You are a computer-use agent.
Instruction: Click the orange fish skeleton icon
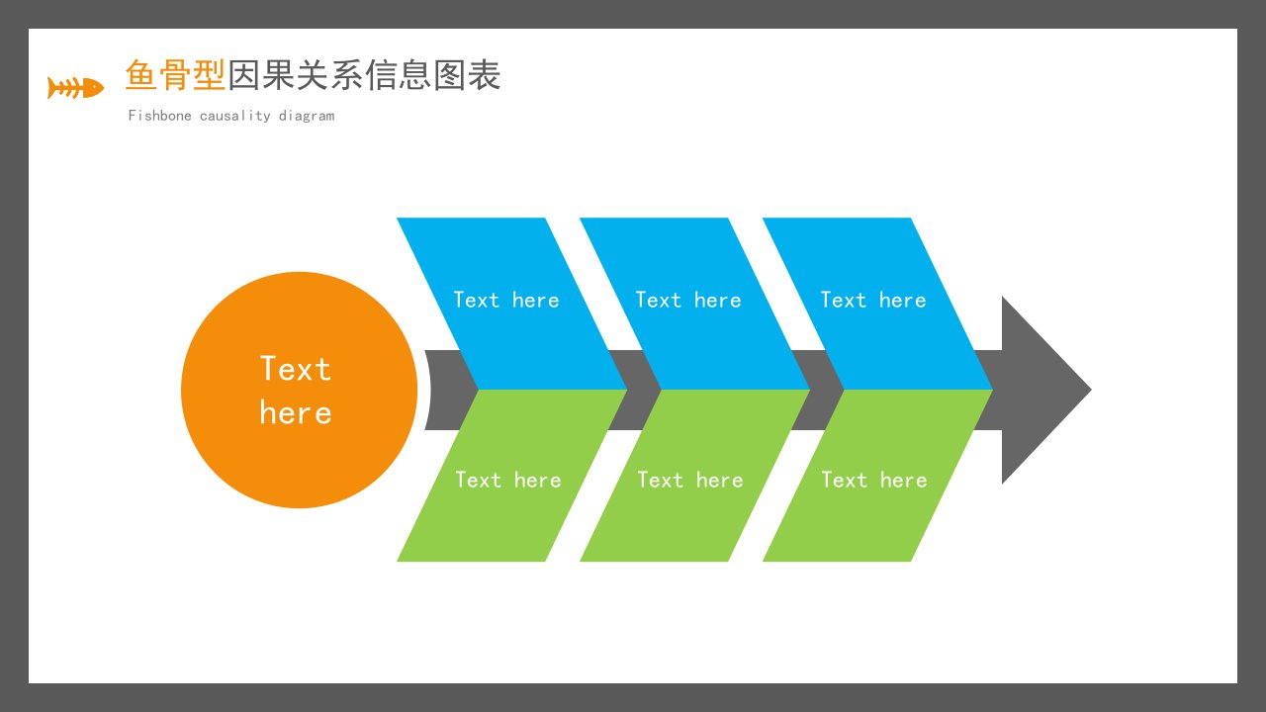76,88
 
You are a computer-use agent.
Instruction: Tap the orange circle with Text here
300,390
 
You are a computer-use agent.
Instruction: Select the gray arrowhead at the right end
1046,390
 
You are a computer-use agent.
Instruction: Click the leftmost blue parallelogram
511,304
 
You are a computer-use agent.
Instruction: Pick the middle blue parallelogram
694,304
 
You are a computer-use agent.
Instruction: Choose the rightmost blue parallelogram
877,304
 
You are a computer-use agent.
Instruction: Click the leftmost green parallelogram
511,476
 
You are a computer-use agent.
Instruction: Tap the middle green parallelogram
694,476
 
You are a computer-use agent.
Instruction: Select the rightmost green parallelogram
877,476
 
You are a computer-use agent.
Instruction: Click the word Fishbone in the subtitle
160,116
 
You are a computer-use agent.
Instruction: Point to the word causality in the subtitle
235,117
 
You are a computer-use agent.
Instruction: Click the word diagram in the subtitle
307,117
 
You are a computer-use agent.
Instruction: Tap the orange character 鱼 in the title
141,74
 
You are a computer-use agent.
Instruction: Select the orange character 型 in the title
209,74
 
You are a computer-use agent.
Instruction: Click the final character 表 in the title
485,74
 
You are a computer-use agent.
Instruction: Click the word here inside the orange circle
296,412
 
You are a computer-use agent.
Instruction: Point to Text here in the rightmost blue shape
873,300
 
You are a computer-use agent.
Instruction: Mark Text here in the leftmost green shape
508,480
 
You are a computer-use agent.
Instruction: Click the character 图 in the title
450,74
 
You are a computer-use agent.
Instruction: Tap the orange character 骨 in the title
175,74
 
